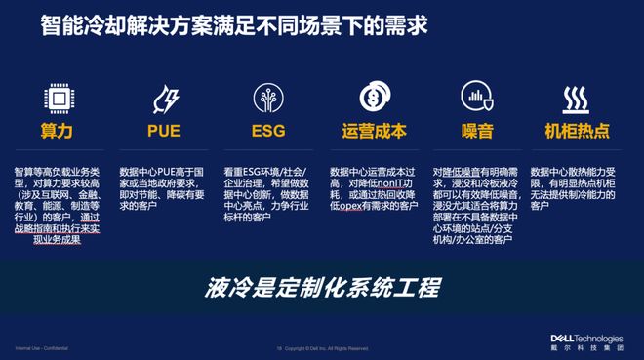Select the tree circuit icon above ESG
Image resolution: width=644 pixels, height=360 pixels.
(266, 99)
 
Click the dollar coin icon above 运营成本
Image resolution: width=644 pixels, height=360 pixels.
(372, 99)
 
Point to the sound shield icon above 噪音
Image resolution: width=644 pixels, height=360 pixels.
(476, 99)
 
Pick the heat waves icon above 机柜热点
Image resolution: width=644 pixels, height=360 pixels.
(581, 99)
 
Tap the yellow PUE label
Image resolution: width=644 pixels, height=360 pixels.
(162, 131)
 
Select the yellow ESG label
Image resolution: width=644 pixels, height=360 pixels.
(267, 131)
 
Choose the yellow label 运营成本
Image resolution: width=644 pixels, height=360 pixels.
(373, 131)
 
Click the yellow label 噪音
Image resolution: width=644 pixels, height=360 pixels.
(476, 131)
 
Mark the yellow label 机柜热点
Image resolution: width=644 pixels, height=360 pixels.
(581, 131)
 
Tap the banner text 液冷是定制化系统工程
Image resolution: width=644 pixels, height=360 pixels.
(323, 286)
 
